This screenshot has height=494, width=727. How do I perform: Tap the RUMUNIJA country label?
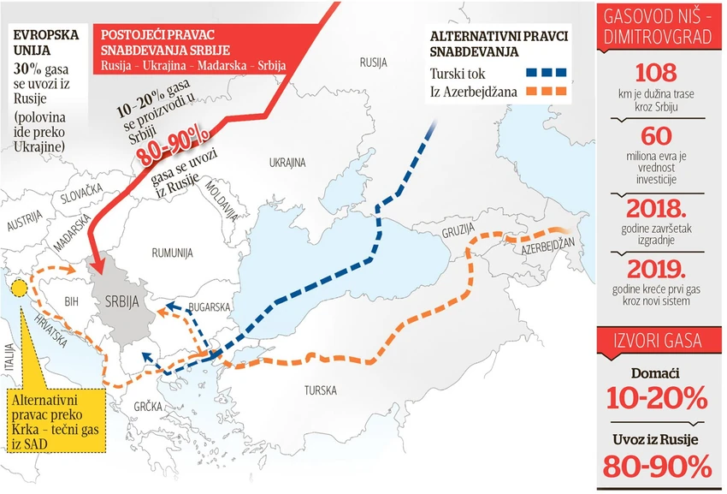point(173,253)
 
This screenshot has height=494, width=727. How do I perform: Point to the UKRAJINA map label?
point(287,162)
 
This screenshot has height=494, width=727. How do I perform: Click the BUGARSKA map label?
point(210,306)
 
